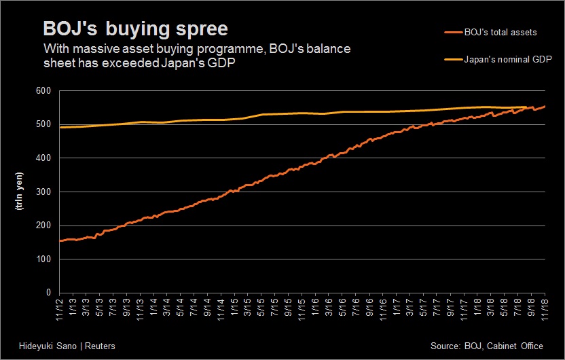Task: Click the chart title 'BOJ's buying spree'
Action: (135, 29)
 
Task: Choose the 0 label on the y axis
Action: (48, 293)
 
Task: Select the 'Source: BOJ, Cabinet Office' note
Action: (487, 346)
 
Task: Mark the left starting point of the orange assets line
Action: (60, 240)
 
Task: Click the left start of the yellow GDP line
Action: (60, 127)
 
